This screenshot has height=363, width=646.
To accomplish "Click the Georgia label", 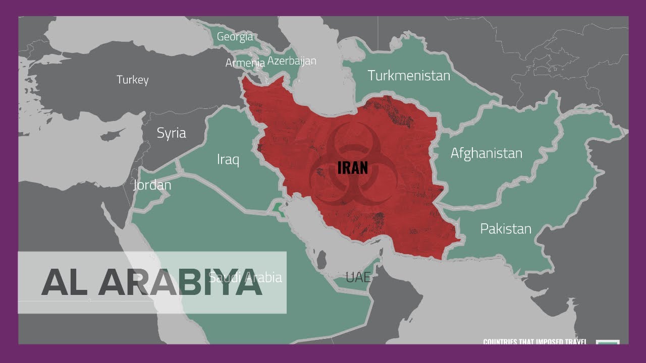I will [235, 37].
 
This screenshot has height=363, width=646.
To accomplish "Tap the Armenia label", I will [245, 63].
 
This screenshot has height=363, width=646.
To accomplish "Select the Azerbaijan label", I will [292, 61].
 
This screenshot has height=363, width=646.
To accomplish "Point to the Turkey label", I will [133, 80].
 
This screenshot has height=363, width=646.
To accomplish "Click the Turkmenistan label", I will [409, 76].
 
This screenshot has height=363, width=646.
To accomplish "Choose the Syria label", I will [171, 133].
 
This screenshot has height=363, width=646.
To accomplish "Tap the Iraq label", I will [228, 160].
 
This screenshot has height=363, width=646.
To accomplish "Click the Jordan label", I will [152, 185].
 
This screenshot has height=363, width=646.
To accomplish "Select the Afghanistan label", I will [486, 153].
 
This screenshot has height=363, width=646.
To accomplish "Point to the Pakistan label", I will [506, 229].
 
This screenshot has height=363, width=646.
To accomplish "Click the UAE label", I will [358, 277].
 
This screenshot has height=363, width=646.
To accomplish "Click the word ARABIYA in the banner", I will [180, 283].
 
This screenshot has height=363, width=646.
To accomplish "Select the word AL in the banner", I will [65, 283].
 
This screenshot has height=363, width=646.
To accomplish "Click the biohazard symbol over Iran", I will [346, 166].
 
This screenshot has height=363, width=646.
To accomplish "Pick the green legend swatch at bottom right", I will [608, 342].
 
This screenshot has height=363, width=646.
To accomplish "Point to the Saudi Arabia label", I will [245, 277].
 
